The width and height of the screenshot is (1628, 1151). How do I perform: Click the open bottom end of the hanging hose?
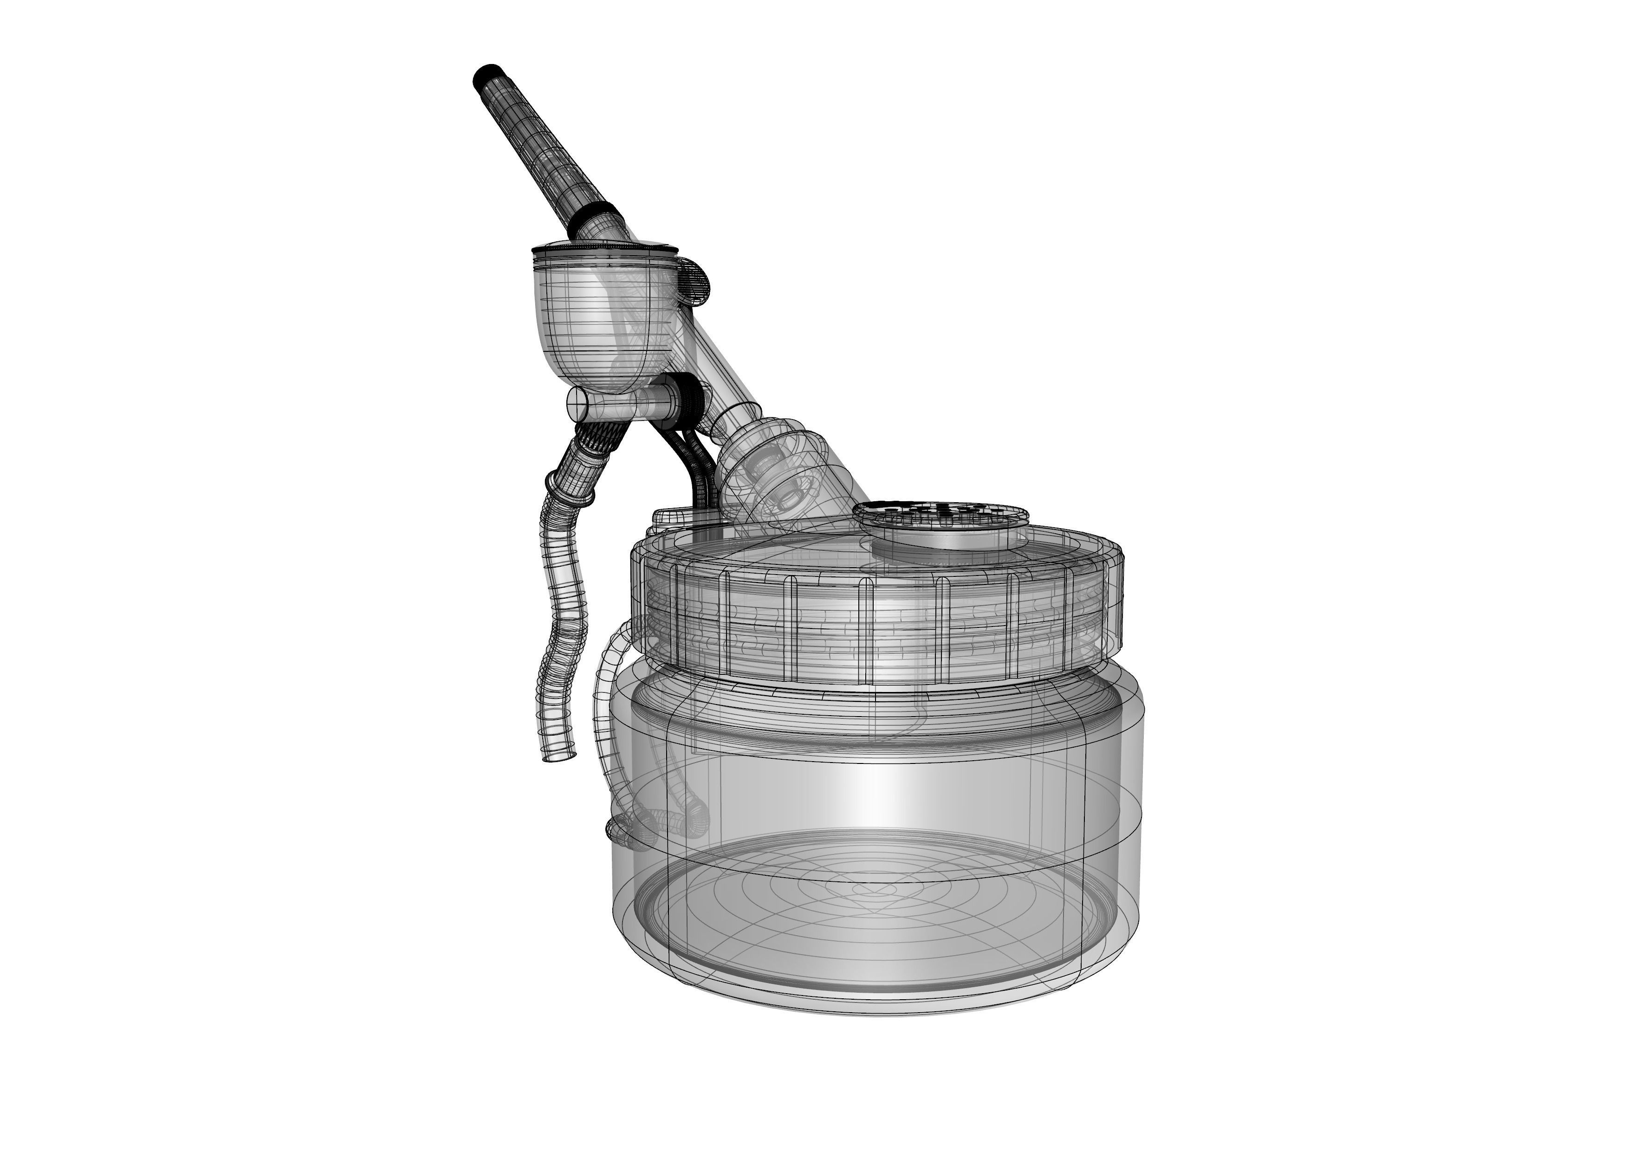pyautogui.click(x=559, y=757)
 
